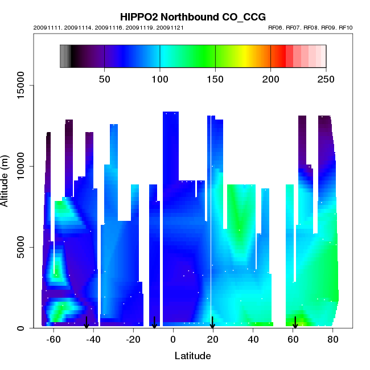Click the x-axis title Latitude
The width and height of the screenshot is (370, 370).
[192, 356]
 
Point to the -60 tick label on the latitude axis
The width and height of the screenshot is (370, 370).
[53, 339]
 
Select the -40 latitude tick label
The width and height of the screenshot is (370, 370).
[93, 339]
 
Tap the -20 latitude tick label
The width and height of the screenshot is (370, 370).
[133, 339]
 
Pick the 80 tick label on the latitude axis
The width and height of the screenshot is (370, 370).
[334, 339]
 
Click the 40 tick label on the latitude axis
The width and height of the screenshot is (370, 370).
[253, 339]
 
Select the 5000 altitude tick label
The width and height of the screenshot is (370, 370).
[24, 247]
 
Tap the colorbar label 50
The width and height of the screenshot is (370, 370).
[105, 79]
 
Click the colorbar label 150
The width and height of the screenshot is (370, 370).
[215, 79]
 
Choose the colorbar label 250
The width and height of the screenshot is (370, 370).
[326, 79]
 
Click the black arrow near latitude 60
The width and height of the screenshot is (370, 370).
[295, 322]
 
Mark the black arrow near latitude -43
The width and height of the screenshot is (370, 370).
[87, 322]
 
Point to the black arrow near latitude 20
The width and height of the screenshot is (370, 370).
[212, 322]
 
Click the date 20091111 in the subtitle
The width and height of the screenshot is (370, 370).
[45, 27]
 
